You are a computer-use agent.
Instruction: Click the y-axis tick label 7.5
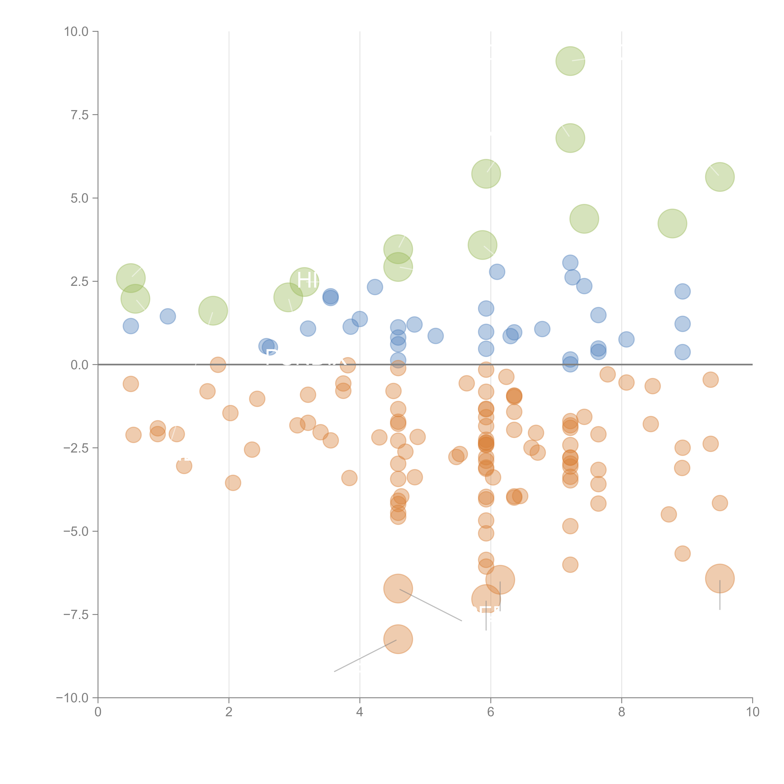click(x=79, y=115)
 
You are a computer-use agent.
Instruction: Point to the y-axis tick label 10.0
click(x=76, y=32)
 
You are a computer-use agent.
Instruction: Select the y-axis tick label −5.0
click(x=76, y=531)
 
